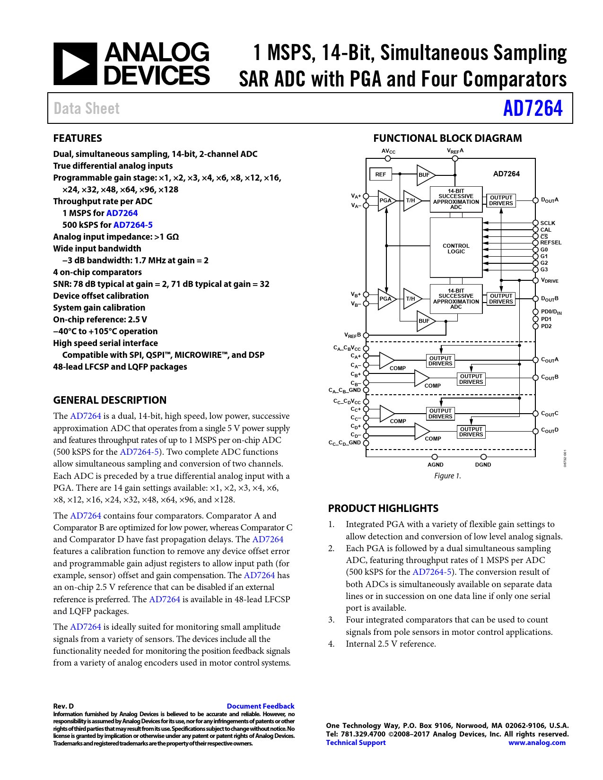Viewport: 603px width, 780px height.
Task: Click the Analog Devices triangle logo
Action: click(75, 64)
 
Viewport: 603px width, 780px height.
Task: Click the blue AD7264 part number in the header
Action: click(533, 108)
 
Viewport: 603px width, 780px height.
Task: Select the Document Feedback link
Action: click(260, 706)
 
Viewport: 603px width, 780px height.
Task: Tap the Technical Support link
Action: click(356, 743)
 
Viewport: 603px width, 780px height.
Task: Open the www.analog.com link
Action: click(537, 743)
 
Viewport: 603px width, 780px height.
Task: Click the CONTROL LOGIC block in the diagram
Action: click(456, 249)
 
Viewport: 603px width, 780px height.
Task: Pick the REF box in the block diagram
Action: click(381, 174)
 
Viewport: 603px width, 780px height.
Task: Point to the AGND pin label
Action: click(435, 465)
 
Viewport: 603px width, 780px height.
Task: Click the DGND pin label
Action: click(483, 465)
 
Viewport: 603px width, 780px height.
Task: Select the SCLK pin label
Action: click(548, 223)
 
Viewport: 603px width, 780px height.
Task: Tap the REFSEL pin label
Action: click(551, 243)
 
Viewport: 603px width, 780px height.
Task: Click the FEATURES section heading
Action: click(78, 139)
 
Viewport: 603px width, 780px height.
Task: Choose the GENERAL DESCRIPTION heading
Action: click(110, 400)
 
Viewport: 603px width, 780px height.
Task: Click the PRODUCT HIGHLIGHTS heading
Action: click(383, 509)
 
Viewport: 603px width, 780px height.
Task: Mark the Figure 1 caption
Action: click(447, 476)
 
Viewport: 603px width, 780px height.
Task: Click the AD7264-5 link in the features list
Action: click(133, 225)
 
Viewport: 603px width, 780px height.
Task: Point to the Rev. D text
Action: click(63, 706)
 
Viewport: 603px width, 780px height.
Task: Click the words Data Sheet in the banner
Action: click(87, 109)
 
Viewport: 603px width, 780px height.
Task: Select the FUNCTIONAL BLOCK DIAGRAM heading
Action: click(447, 139)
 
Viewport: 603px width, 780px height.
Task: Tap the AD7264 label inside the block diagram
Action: click(506, 174)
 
